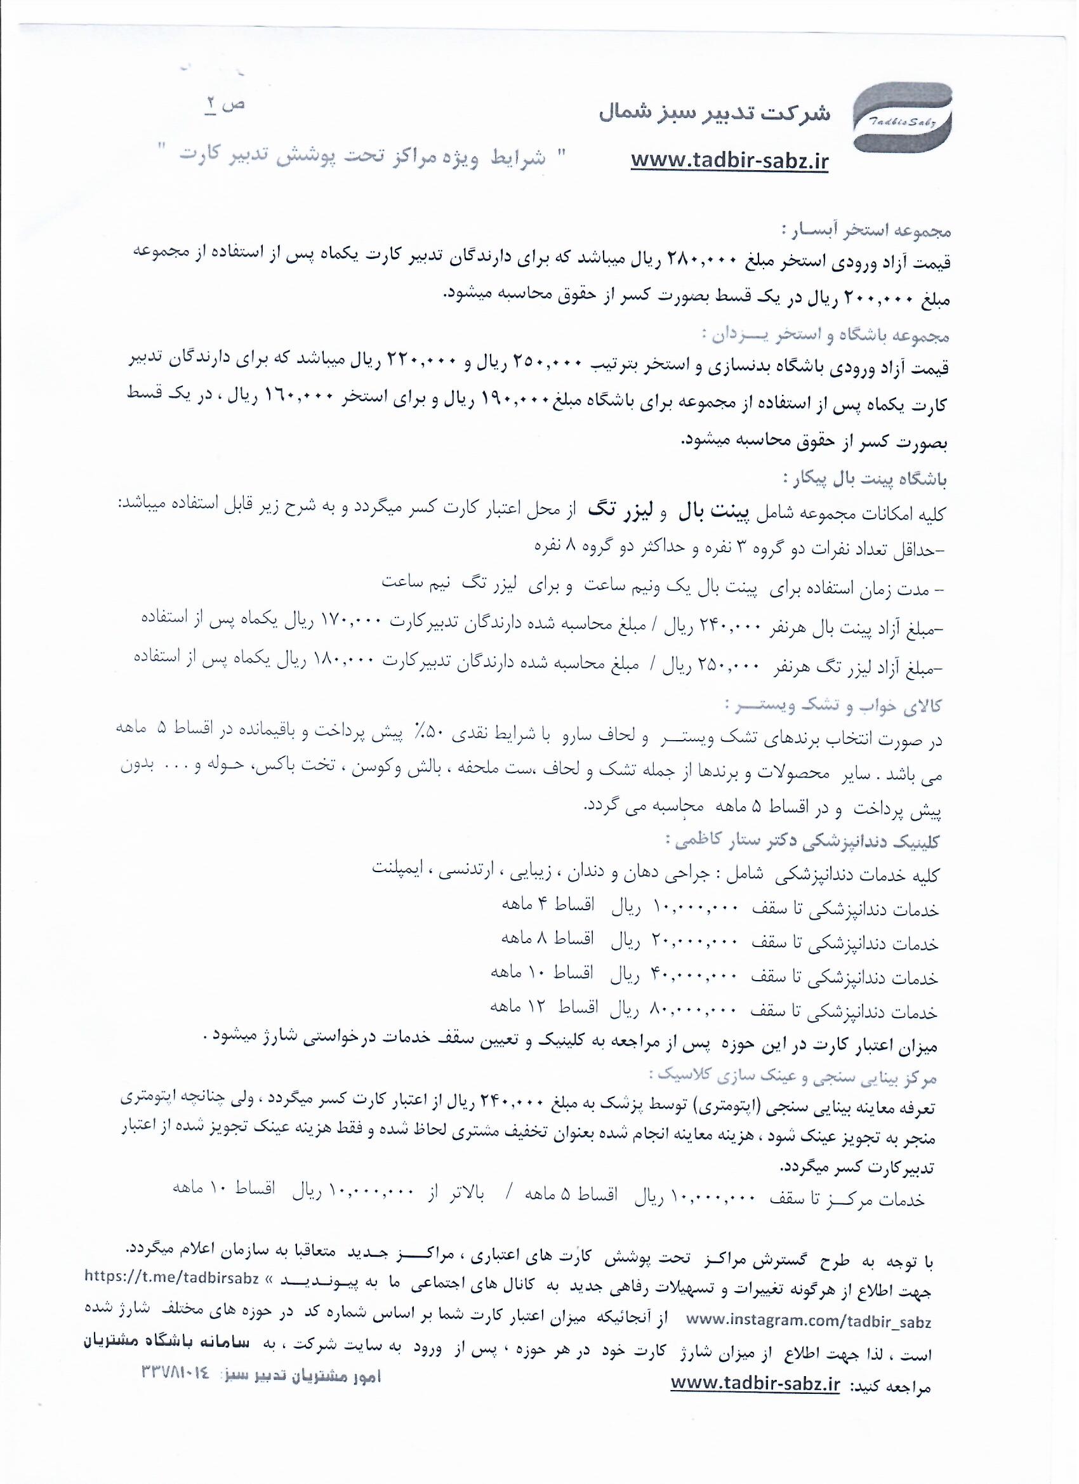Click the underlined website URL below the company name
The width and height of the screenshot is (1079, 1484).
pyautogui.click(x=729, y=161)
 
